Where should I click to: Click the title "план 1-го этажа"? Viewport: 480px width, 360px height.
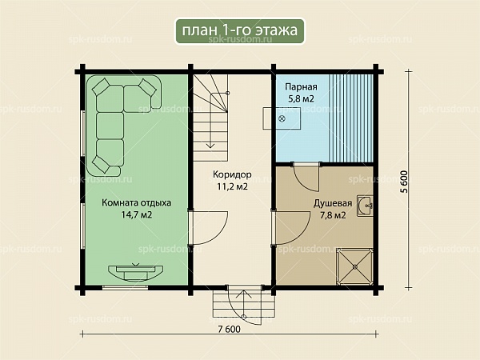click(240, 30)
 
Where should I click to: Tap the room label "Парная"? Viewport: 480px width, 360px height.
click(302, 86)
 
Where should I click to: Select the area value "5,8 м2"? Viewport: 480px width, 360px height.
click(301, 99)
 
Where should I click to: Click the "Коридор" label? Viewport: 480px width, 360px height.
click(232, 174)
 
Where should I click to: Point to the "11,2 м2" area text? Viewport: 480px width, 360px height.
click(232, 186)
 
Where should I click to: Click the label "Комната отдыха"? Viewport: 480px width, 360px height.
click(137, 203)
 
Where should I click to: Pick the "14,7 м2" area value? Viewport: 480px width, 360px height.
click(137, 214)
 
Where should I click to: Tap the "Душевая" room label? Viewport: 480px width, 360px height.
click(333, 203)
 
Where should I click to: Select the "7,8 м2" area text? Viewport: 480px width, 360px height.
click(333, 215)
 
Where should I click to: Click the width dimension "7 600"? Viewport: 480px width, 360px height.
click(230, 330)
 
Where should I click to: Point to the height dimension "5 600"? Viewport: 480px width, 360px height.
click(404, 182)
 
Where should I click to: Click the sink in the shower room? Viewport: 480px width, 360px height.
click(366, 206)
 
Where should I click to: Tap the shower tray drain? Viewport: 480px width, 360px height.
click(355, 267)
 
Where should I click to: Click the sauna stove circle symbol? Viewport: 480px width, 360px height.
click(282, 118)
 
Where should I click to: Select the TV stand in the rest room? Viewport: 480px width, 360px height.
click(136, 273)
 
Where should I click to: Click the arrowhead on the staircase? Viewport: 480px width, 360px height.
click(210, 146)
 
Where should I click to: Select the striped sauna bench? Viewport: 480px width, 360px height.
click(351, 118)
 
